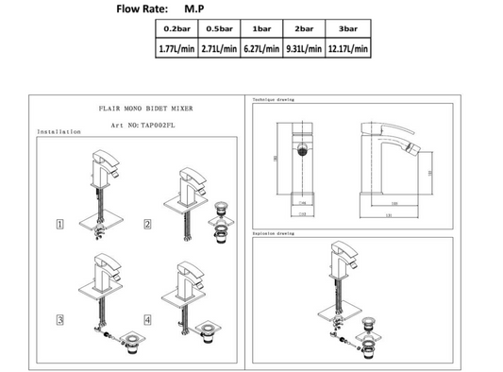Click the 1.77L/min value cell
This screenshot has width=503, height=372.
pyautogui.click(x=176, y=48)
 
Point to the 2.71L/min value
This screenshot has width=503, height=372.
pyautogui.click(x=219, y=48)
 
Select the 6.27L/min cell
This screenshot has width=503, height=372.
pyautogui.click(x=260, y=48)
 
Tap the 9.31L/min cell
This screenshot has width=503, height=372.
pyautogui.click(x=303, y=48)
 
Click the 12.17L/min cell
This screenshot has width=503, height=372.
pyautogui.click(x=348, y=48)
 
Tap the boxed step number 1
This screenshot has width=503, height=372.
pyautogui.click(x=59, y=224)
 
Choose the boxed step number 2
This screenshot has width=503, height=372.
pyautogui.click(x=148, y=224)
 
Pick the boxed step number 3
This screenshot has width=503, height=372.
pyautogui.click(x=59, y=321)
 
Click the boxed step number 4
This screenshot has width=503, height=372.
pyautogui.click(x=148, y=321)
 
